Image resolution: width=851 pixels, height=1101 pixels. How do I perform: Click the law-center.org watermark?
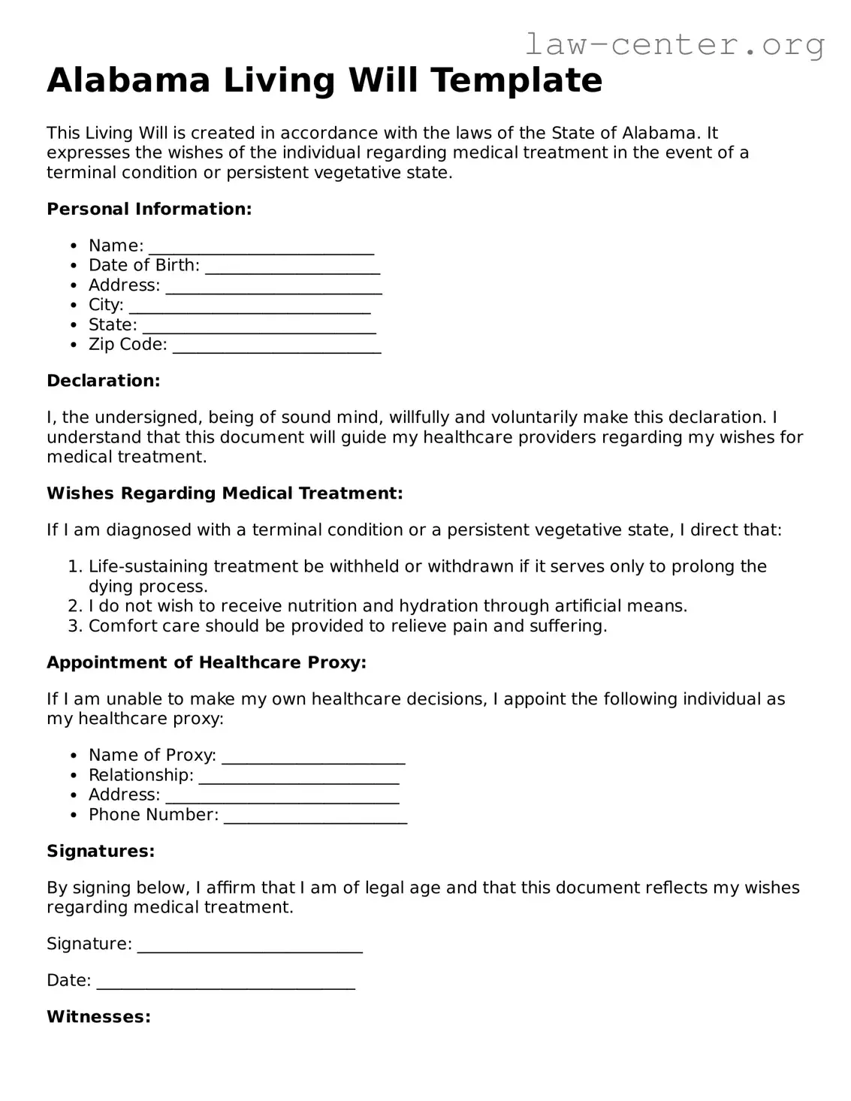tap(674, 45)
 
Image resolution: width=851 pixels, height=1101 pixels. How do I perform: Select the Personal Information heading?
tap(149, 209)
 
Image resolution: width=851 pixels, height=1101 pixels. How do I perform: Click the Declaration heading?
tap(103, 381)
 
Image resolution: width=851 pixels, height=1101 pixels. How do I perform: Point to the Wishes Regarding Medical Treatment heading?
tap(225, 493)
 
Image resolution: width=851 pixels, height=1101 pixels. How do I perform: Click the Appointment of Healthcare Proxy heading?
tap(207, 662)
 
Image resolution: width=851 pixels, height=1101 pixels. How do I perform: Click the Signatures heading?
tap(101, 851)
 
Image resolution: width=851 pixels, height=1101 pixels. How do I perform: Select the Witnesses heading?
tap(98, 1017)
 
